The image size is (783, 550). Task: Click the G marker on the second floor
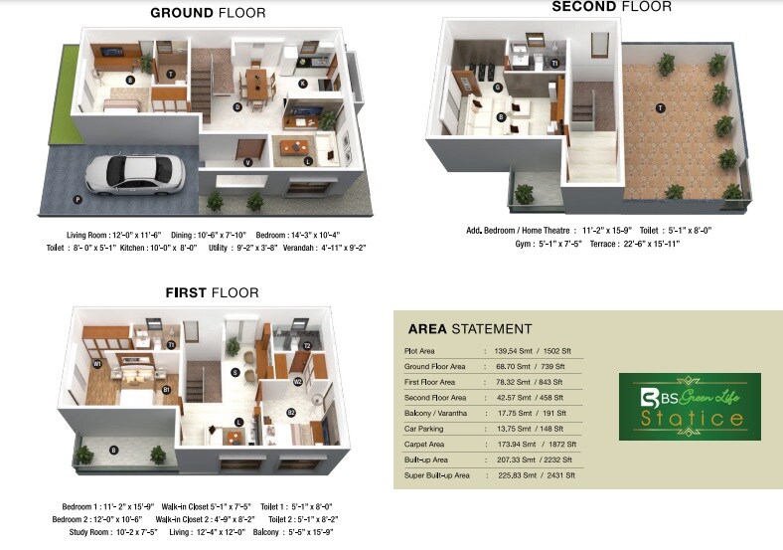tap(497, 87)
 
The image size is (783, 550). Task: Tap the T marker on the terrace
tap(659, 106)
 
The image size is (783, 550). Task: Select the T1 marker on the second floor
tap(554, 63)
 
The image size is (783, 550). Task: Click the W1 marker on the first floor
tap(96, 364)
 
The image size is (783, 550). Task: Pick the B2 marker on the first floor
tap(291, 412)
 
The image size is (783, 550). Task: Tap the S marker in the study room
tap(235, 373)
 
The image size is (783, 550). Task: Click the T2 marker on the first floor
tap(308, 346)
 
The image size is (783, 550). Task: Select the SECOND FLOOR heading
tap(611, 7)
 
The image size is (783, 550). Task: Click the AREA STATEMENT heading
tap(470, 329)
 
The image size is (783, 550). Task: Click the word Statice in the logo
tap(691, 418)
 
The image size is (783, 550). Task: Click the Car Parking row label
tap(426, 429)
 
